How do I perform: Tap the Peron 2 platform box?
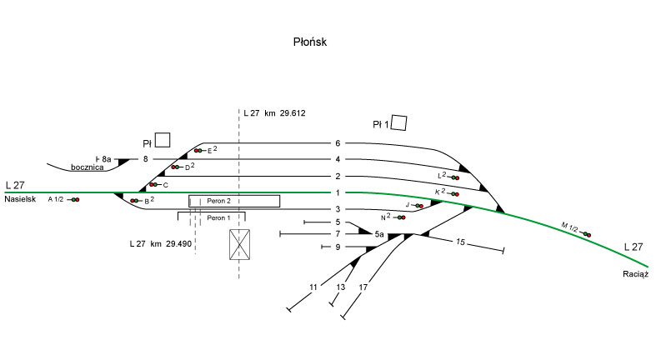coord(234,201)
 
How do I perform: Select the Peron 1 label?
coord(218,218)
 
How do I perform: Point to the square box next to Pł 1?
coord(399,123)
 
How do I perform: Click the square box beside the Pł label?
coord(163,140)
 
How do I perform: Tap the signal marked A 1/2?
coord(74,200)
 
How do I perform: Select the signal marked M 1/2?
coord(587,234)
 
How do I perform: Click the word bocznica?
coord(87,167)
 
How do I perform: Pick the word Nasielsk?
coord(21,200)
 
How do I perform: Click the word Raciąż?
coord(634,273)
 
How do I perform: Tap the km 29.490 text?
coord(159,244)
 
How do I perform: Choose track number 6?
coord(338,143)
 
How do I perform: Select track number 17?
coord(363,287)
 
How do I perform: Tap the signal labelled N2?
coord(401,217)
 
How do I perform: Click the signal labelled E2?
coord(198,151)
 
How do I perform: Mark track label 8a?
coord(106,158)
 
